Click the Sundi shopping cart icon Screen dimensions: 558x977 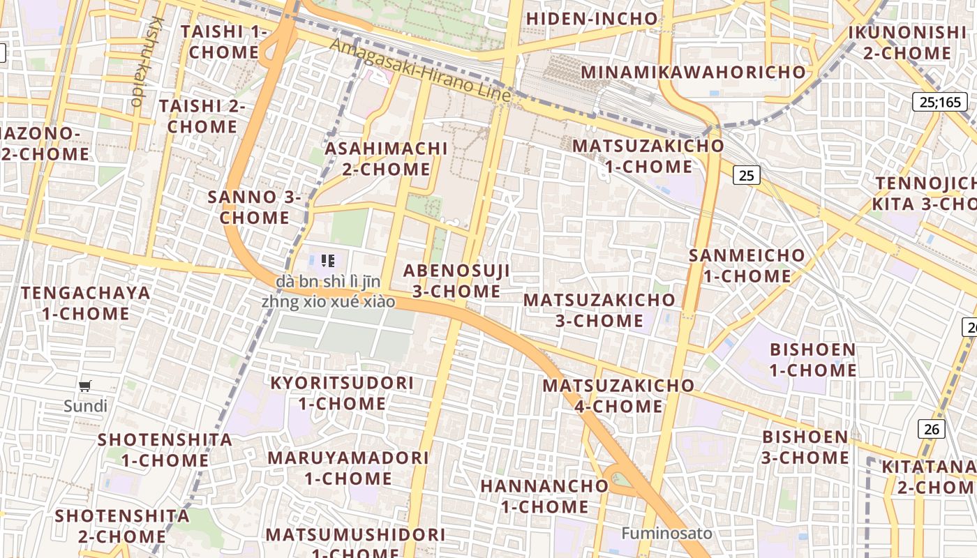pyautogui.click(x=85, y=386)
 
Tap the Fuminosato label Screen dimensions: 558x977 pyautogui.click(x=667, y=534)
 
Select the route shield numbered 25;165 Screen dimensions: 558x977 pyautogui.click(x=940, y=103)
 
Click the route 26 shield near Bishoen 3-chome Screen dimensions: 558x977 pyautogui.click(x=932, y=429)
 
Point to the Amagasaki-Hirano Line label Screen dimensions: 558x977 pyautogui.click(x=421, y=69)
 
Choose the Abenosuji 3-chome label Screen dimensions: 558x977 pyautogui.click(x=456, y=281)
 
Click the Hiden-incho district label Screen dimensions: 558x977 pyautogui.click(x=592, y=19)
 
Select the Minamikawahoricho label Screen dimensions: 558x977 pyautogui.click(x=693, y=72)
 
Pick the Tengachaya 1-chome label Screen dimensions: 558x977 pyautogui.click(x=85, y=303)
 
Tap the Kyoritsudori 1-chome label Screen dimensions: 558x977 pyautogui.click(x=342, y=393)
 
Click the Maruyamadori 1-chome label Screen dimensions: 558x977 pyautogui.click(x=348, y=468)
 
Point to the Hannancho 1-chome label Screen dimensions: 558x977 pyautogui.click(x=544, y=496)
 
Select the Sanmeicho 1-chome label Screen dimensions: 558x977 pyautogui.click(x=747, y=265)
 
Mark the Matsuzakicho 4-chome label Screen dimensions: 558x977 pyautogui.click(x=618, y=395)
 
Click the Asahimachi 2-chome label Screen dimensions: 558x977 pyautogui.click(x=386, y=158)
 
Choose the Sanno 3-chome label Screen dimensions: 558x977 pyautogui.click(x=254, y=207)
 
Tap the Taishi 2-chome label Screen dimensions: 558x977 pyautogui.click(x=202, y=116)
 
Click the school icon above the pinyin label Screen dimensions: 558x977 pyautogui.click(x=328, y=261)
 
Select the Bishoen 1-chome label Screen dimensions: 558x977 pyautogui.click(x=812, y=359)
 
